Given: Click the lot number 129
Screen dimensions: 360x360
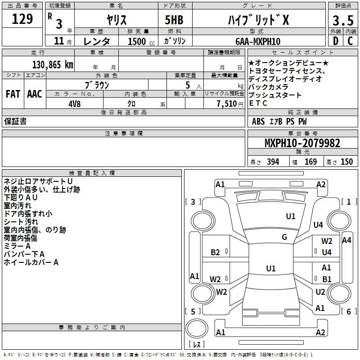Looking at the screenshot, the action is [x=22, y=19].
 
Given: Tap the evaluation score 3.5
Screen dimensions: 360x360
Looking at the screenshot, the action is [x=343, y=20].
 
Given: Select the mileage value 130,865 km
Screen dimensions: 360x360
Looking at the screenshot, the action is [x=53, y=65].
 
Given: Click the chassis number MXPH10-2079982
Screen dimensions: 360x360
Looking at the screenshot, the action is [x=302, y=143].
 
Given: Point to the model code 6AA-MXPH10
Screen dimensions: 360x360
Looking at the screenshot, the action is [x=258, y=41].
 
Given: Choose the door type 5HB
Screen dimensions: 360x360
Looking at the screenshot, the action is [x=174, y=20].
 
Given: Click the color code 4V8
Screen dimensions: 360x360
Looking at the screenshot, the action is [x=75, y=104].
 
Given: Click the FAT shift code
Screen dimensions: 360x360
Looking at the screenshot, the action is [x=13, y=94].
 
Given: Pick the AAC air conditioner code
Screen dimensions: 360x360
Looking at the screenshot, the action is [x=35, y=94].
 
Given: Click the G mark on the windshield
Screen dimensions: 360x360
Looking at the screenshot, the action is [x=284, y=237].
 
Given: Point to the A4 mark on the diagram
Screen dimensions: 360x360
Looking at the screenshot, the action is [x=346, y=240].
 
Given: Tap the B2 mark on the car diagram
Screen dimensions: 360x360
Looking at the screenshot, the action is [x=216, y=252].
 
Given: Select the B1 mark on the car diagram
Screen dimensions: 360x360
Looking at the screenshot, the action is [x=327, y=279].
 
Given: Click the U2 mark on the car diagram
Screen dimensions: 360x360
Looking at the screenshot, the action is [x=320, y=292].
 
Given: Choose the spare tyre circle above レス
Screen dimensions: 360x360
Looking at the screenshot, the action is [x=197, y=328].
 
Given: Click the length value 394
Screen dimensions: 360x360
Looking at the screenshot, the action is [x=273, y=162].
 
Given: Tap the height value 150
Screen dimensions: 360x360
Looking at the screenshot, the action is [x=346, y=162].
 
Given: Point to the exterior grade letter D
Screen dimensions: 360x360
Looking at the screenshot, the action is [x=336, y=41].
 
